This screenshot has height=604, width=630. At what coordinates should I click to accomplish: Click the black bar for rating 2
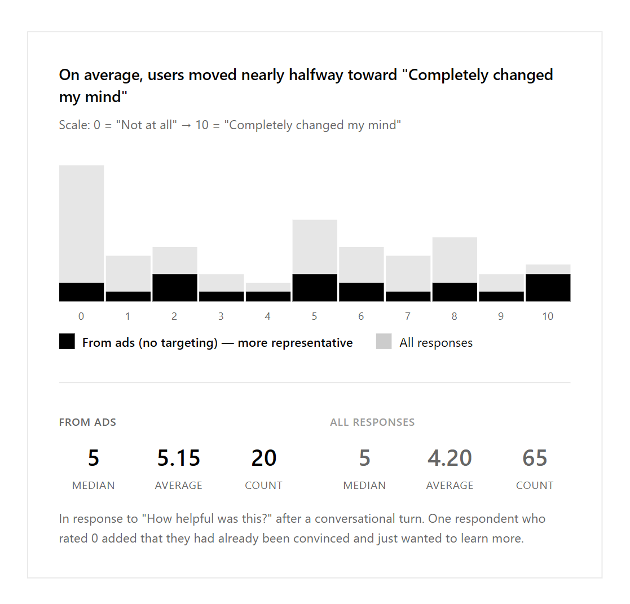click(175, 288)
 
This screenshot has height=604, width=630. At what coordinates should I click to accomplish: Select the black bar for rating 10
click(548, 288)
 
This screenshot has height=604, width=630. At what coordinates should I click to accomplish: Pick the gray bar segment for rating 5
click(315, 246)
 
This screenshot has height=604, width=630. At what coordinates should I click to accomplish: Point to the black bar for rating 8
click(455, 292)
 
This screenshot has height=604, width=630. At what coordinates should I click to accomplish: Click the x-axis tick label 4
click(267, 316)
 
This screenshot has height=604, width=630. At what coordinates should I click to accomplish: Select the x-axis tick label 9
click(501, 316)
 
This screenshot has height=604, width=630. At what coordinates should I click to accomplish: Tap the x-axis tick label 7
click(408, 316)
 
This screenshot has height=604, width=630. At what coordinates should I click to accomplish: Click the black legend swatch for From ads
click(67, 342)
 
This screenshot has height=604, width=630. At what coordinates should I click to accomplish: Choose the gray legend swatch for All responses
click(384, 342)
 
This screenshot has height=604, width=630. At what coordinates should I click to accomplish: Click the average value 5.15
click(179, 458)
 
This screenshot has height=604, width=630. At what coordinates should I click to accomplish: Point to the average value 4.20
click(450, 458)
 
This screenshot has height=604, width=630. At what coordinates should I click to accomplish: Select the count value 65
click(535, 458)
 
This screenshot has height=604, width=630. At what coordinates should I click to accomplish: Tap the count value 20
click(263, 458)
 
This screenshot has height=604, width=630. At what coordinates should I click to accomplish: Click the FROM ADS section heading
click(87, 422)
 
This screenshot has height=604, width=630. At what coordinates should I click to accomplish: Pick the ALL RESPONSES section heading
click(372, 422)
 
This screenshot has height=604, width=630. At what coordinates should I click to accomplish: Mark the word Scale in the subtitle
click(73, 125)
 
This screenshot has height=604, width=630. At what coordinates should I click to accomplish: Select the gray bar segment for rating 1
click(128, 274)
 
